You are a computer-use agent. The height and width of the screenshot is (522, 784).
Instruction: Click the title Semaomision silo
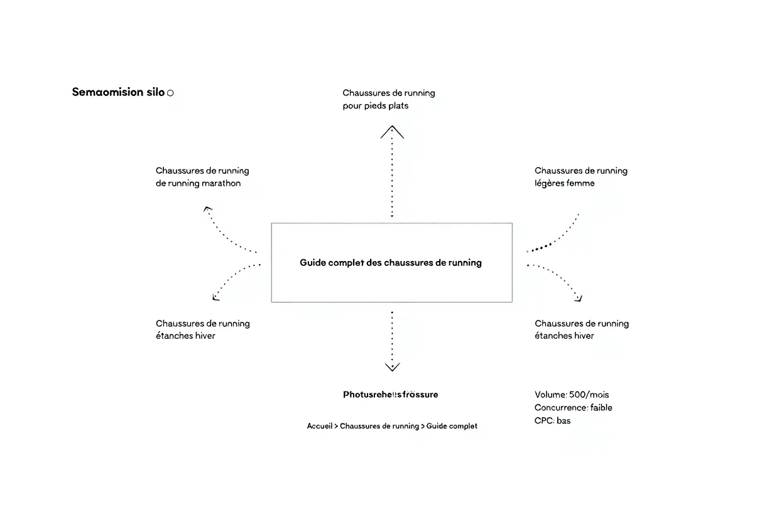(118, 92)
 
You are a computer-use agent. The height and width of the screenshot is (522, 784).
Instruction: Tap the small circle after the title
(170, 93)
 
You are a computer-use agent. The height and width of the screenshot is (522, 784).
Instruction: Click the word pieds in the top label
(374, 105)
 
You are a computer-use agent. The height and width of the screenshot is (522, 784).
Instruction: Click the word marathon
(220, 183)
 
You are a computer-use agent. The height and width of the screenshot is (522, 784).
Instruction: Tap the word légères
(548, 183)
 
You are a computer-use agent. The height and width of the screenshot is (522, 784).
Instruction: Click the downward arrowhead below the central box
(392, 366)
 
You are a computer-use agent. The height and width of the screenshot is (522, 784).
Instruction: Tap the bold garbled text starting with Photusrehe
(390, 395)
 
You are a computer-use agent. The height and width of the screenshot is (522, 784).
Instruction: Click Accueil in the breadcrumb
(320, 426)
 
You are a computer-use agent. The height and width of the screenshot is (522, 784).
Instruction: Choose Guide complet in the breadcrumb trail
(452, 426)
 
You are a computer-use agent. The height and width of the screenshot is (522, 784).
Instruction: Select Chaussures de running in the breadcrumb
(379, 426)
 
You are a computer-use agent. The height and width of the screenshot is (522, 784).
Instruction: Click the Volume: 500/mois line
(572, 395)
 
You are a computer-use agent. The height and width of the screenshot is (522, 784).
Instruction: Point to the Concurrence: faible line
(573, 408)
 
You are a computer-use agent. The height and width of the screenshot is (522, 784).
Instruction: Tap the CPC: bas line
(552, 421)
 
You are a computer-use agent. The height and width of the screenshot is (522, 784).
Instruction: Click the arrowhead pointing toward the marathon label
(207, 209)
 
